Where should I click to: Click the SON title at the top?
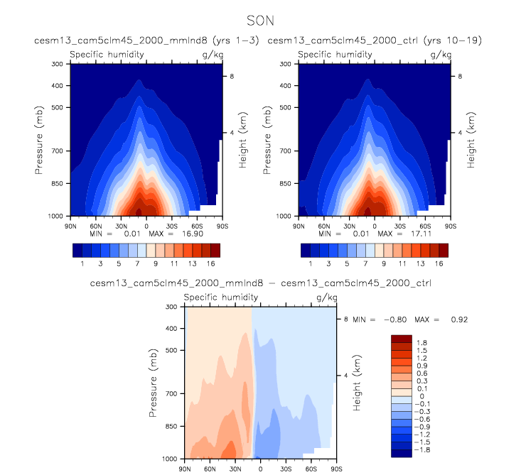pyautogui.click(x=260, y=21)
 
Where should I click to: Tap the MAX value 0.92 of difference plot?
pyautogui.click(x=458, y=320)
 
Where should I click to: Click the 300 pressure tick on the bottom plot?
pyautogui.click(x=171, y=307)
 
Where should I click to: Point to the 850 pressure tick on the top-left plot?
pyautogui.click(x=58, y=183)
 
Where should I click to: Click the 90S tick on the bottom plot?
pyautogui.click(x=336, y=469)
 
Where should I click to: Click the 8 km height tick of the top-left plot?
pyautogui.click(x=230, y=75)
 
